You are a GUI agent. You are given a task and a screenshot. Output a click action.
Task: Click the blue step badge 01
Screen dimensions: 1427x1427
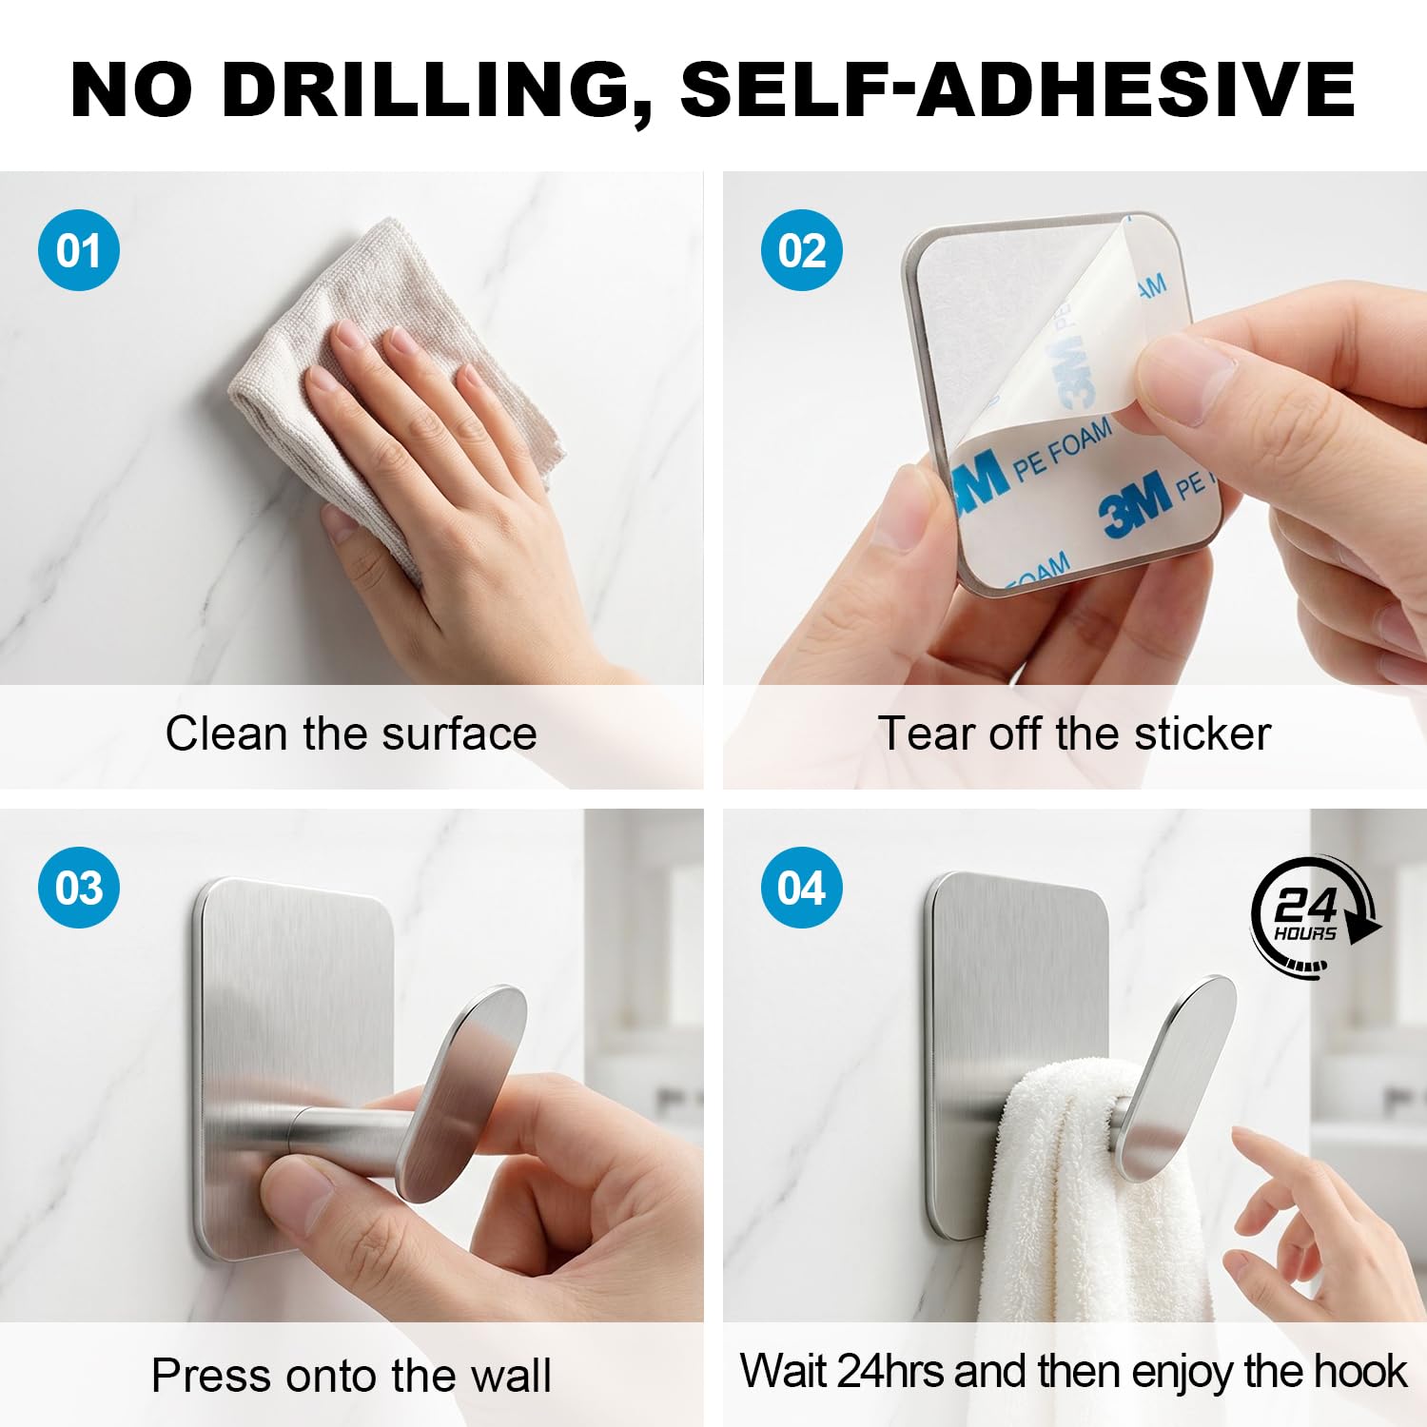[79, 250]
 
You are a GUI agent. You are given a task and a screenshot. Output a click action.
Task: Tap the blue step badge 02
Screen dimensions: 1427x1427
[802, 250]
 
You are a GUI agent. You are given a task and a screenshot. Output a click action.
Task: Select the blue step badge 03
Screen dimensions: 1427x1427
[79, 888]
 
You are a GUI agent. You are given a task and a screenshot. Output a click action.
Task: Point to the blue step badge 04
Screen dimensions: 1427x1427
[802, 888]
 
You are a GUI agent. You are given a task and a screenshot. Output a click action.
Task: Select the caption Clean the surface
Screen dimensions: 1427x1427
[351, 733]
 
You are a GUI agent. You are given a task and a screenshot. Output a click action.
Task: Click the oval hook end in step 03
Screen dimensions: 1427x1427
[462, 1094]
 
